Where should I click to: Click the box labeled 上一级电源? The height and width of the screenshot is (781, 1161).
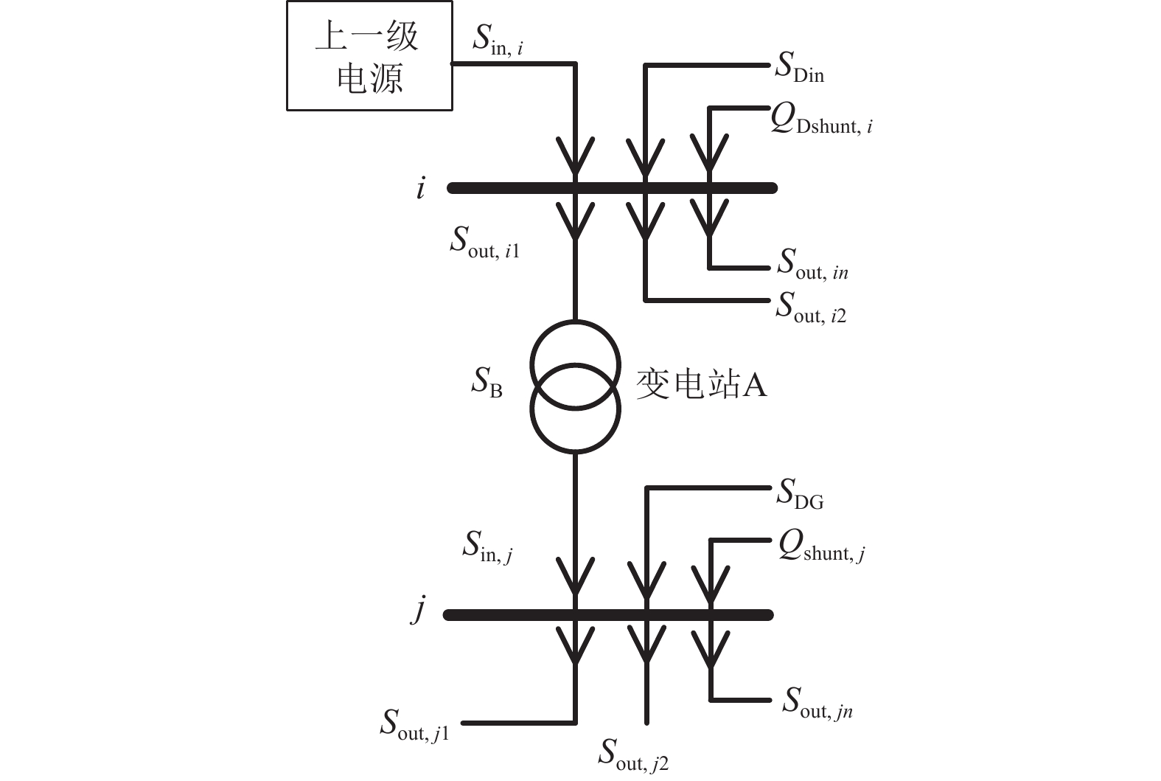click(369, 56)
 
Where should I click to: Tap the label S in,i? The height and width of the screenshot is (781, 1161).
click(498, 41)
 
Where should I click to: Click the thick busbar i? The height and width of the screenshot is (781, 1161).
click(612, 188)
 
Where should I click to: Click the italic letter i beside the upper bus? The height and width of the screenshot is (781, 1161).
click(420, 189)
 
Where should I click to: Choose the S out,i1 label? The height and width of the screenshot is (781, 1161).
click(484, 243)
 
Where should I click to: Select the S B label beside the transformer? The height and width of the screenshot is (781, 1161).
click(487, 382)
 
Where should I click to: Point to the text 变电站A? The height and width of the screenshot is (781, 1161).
click(701, 384)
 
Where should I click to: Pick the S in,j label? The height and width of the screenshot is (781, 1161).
click(487, 547)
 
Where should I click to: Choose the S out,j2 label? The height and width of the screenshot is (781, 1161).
click(632, 756)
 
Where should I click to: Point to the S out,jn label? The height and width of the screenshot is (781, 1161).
click(817, 704)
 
